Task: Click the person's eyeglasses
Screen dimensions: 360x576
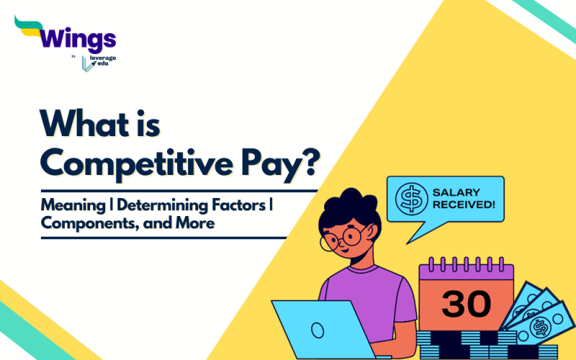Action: click(x=344, y=235)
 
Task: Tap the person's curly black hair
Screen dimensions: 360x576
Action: click(x=341, y=205)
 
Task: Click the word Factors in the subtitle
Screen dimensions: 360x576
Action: click(x=244, y=206)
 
